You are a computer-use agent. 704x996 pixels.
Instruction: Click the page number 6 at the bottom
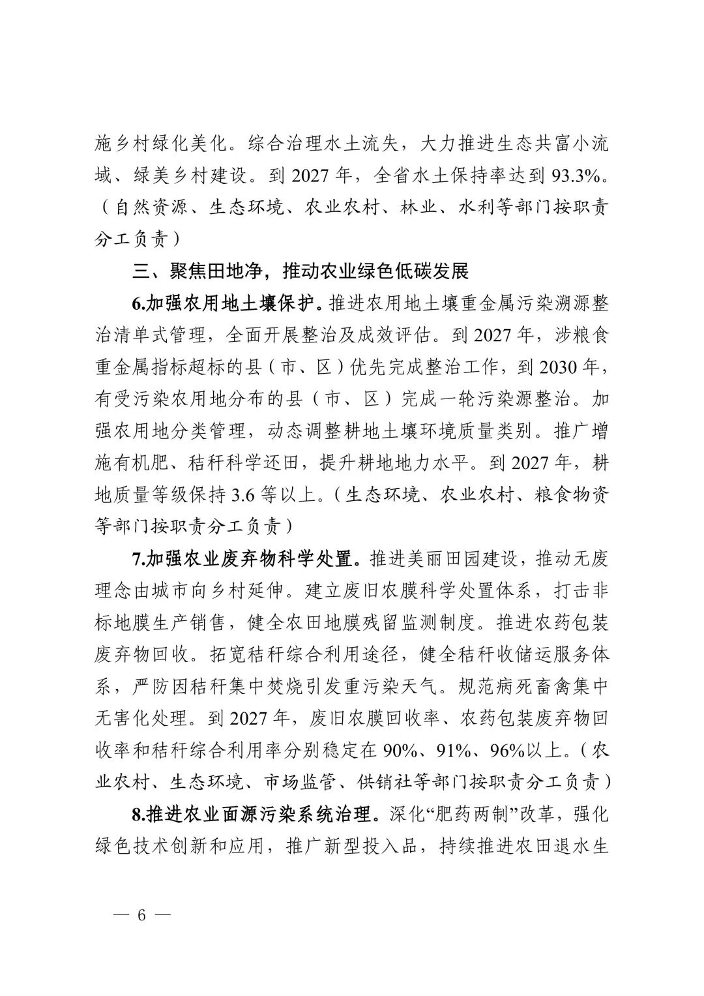click(140, 914)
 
